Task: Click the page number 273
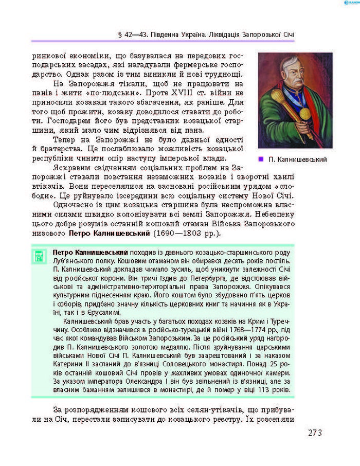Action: pyautogui.click(x=315, y=433)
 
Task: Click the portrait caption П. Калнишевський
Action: pyautogui.click(x=298, y=159)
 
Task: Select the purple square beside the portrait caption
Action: pyautogui.click(x=261, y=159)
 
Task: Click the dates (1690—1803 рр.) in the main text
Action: pyautogui.click(x=187, y=234)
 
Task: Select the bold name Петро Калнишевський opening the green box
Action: pyautogui.click(x=90, y=253)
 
